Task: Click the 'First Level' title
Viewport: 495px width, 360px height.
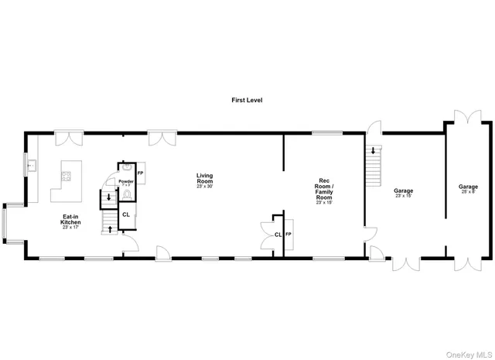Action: point(247,101)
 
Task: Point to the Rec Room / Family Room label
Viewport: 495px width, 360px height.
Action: point(324,190)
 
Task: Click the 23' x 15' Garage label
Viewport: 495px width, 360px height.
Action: point(404,192)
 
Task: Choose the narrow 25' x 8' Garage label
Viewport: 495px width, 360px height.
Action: point(468,189)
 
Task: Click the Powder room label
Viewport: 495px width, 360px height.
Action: point(126,182)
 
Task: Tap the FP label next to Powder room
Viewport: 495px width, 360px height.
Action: point(141,173)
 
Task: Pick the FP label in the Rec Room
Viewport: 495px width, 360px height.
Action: point(288,234)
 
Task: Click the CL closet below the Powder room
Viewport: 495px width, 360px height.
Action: point(125,214)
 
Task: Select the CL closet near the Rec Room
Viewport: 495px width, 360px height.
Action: point(278,235)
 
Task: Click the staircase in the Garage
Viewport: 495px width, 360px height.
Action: point(374,165)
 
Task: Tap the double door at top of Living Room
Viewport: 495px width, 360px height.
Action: point(162,139)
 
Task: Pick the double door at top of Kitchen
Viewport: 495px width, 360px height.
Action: point(68,139)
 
